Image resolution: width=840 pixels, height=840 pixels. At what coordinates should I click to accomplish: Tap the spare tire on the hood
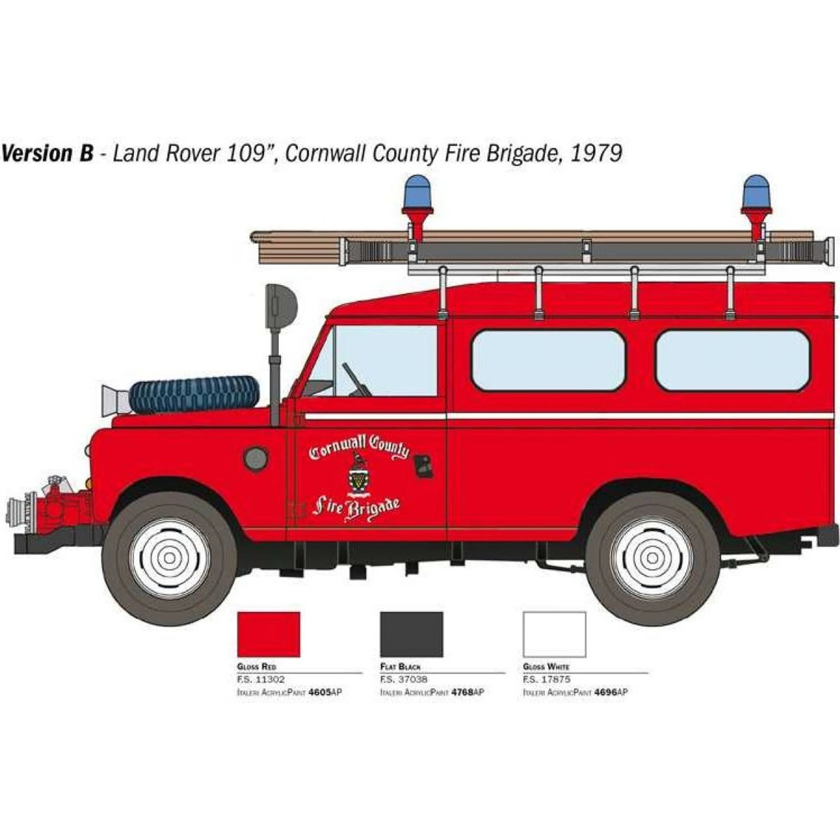pos(194,395)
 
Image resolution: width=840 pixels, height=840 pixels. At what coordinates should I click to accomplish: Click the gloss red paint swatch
pos(268,634)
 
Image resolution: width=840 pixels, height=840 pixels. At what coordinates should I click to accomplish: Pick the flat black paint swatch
pos(411,634)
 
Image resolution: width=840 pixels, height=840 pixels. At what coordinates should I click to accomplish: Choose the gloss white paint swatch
pos(554,634)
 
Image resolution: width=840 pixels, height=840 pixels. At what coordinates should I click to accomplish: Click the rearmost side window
pos(732,360)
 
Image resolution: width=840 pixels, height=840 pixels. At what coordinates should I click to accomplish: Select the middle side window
pos(548,360)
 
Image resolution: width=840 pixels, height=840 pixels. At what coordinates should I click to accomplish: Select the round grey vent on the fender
pos(256,458)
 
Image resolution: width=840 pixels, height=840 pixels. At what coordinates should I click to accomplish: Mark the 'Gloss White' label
pos(546,667)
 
